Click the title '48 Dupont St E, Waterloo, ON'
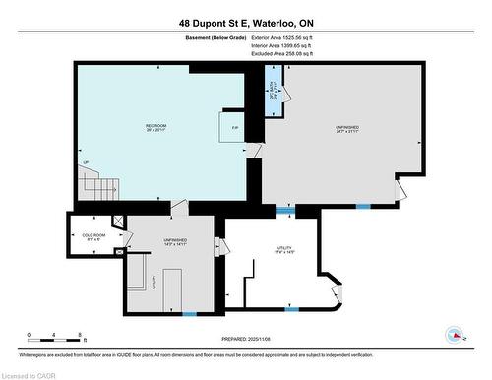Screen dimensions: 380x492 point(246,22)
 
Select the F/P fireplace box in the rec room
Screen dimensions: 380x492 point(232,128)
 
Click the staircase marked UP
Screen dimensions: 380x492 point(100,182)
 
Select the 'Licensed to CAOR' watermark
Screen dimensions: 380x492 point(30,373)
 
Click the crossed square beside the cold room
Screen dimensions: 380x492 point(118,223)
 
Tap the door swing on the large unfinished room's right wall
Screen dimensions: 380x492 point(399,187)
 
